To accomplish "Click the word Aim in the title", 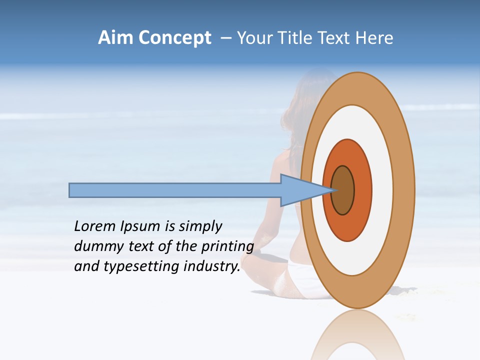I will click(x=115, y=38).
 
